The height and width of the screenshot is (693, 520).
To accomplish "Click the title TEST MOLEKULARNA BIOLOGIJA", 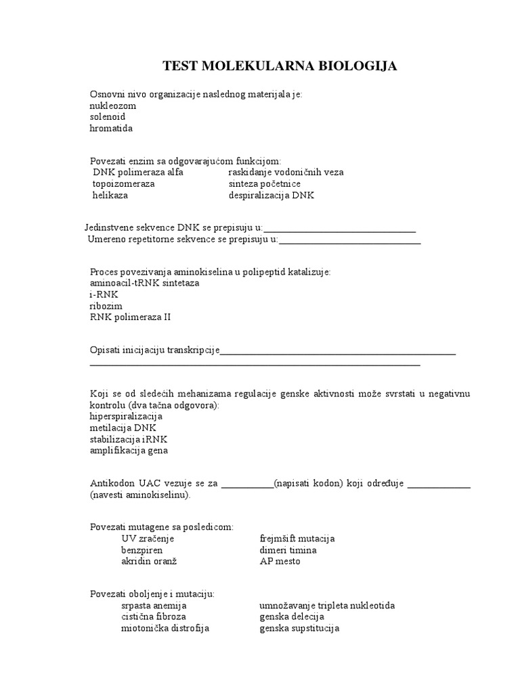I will coord(280,66).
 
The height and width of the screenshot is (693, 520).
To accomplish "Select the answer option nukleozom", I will coord(113,106).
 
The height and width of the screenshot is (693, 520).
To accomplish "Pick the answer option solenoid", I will coord(108,117).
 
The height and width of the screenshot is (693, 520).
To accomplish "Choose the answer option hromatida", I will coord(112,128).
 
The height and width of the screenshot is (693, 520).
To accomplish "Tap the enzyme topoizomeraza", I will coord(124,184).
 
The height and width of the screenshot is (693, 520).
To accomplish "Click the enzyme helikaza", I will coord(110,196).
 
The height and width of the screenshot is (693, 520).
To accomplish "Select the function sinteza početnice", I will coord(265,184).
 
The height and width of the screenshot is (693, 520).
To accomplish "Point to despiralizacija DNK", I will coord(272,196).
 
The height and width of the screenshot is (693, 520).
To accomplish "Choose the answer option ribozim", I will coord(106,306).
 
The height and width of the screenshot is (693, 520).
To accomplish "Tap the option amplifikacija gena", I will coord(129,450).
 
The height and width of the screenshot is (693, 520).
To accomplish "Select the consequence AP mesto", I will coord(280,562).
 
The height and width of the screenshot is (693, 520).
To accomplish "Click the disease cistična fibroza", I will coord(154,617).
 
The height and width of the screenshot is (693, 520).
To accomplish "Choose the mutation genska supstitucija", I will coord(299,629).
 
